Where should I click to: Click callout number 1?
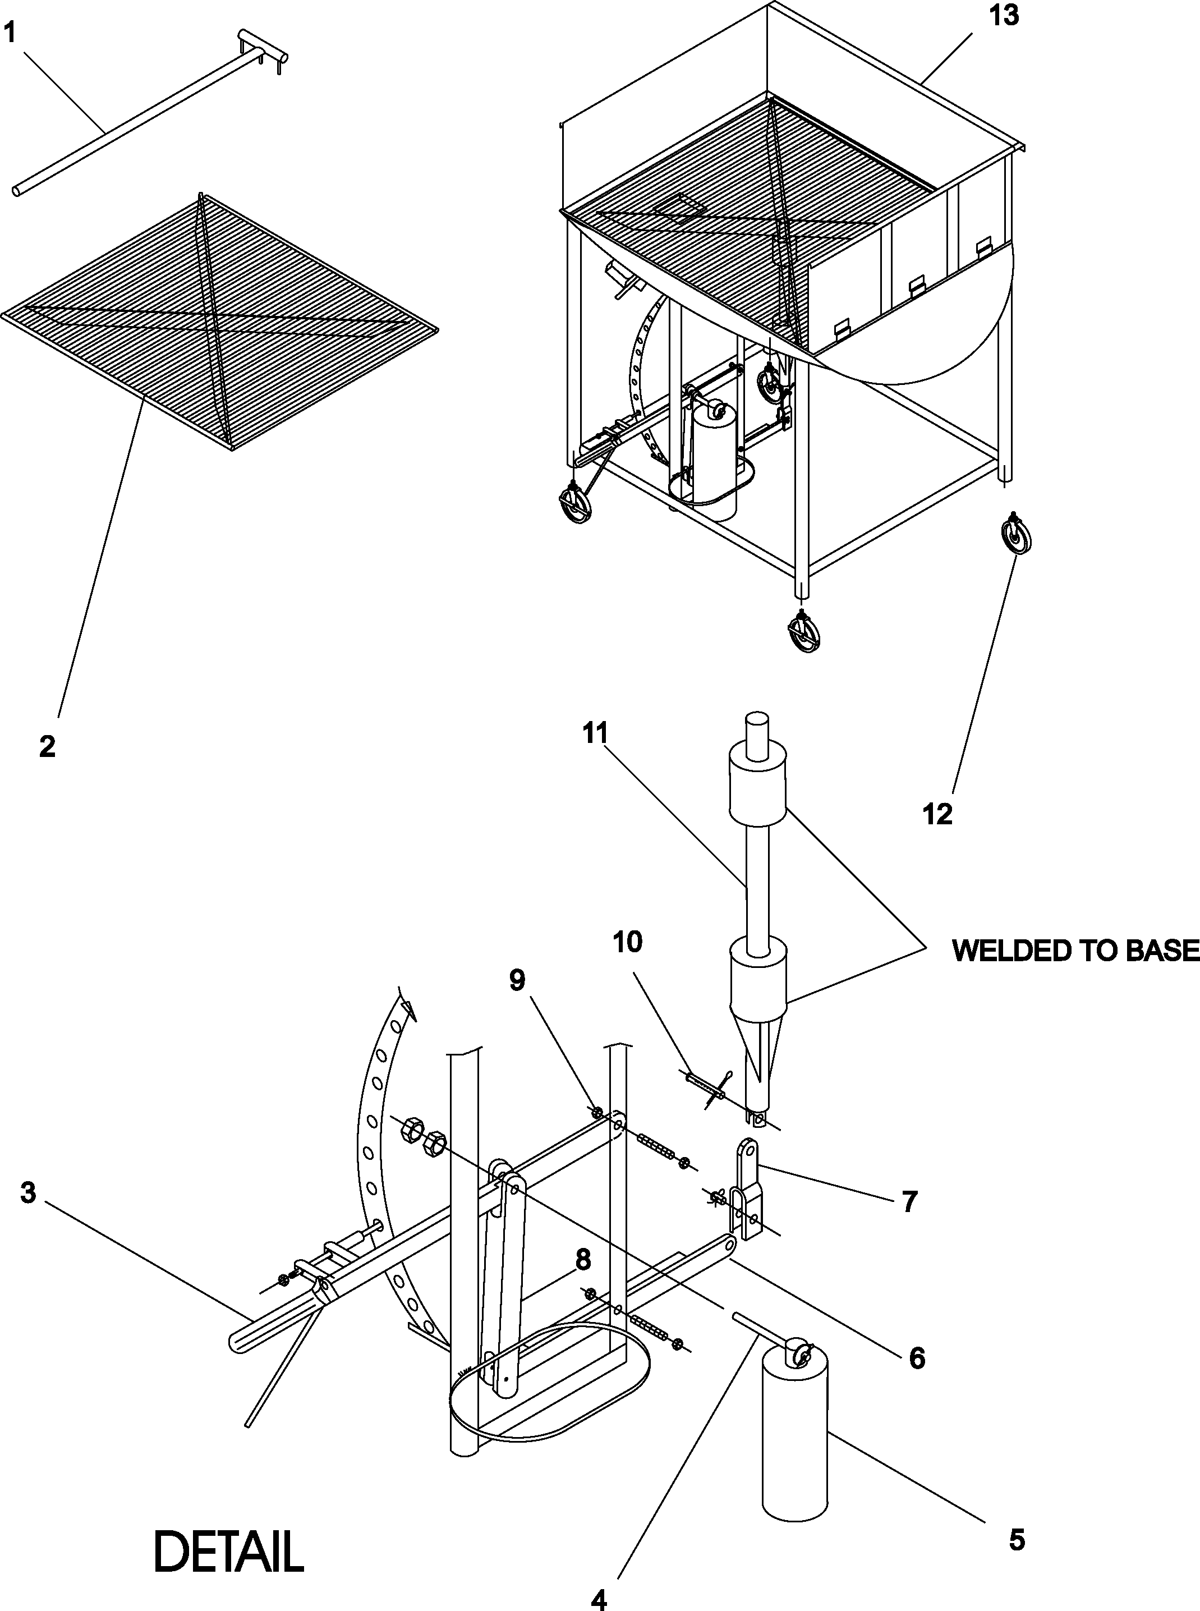[x=10, y=33]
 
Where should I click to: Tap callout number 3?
[x=27, y=1192]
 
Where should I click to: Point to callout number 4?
[x=599, y=1595]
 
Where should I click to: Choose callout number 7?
[x=909, y=1202]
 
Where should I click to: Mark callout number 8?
[x=582, y=1260]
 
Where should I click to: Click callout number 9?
[x=517, y=980]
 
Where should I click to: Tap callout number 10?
[x=628, y=942]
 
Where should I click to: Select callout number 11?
[x=594, y=733]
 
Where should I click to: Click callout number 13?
[x=1004, y=15]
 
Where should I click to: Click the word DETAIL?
[x=229, y=1552]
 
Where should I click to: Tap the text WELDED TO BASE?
[x=1075, y=950]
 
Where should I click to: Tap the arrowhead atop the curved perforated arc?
[x=411, y=1009]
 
